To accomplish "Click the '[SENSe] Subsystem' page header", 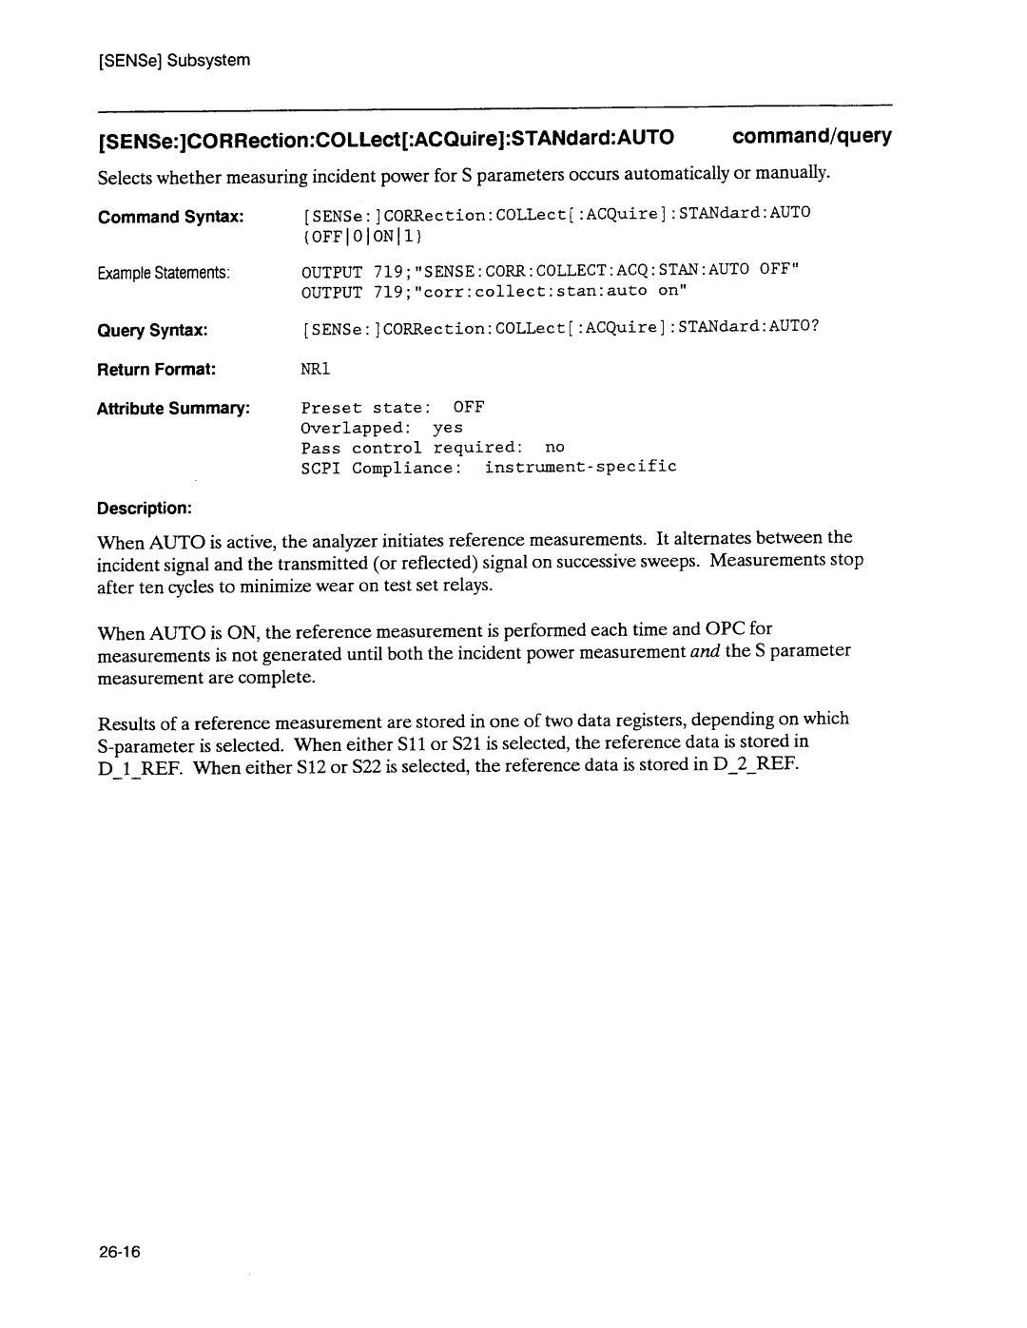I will [173, 60].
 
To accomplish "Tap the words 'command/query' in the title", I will [811, 137].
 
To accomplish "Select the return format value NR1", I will [316, 367].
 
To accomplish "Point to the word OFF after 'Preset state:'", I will [469, 407].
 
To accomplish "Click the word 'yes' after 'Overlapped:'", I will [448, 428].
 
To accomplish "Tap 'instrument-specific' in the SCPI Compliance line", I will [580, 467].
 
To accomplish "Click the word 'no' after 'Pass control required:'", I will [554, 447].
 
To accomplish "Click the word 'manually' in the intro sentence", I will [797, 174].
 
